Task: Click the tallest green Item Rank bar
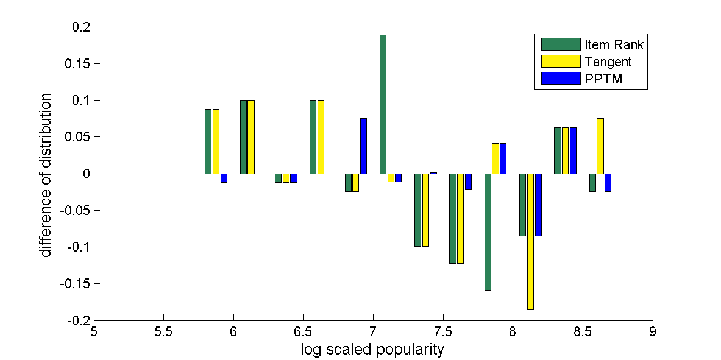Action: click(383, 104)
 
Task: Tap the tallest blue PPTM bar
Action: click(363, 146)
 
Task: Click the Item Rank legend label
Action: click(614, 44)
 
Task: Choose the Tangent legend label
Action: click(608, 62)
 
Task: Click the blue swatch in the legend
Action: click(560, 79)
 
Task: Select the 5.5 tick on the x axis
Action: click(163, 331)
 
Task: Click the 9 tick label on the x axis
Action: click(653, 331)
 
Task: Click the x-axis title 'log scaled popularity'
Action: click(372, 350)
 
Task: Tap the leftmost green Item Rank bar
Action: click(208, 141)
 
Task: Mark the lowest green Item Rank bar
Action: click(488, 231)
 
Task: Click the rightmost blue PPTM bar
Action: click(608, 183)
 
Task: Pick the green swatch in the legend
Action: click(560, 44)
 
